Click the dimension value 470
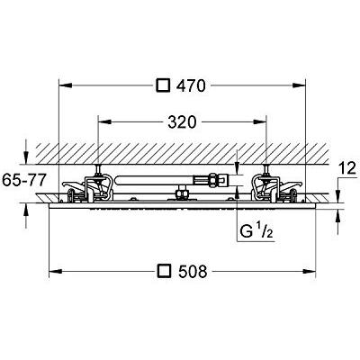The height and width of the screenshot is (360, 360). point(190,86)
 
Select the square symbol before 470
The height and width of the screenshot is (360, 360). point(163,86)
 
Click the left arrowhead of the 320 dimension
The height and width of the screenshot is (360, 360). point(101,121)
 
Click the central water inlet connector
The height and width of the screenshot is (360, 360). point(182,191)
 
